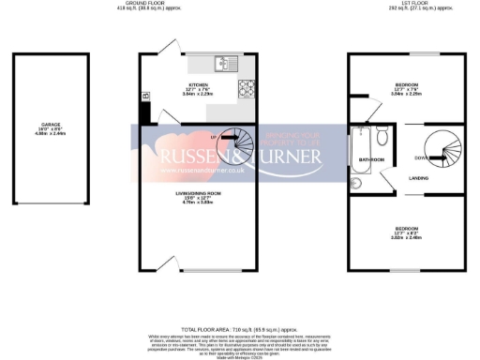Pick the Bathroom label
coord(372,159)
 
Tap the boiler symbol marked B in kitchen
coord(145,96)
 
